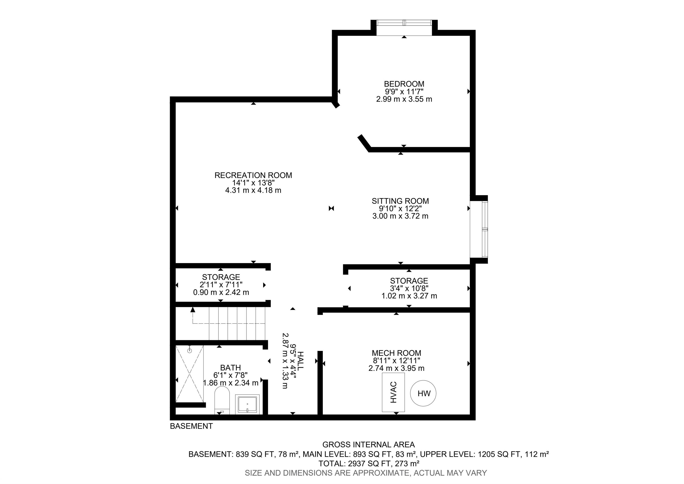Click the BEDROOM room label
tap(404, 84)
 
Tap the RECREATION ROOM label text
tap(253, 175)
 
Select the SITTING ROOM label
tap(400, 201)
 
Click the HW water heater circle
tap(423, 393)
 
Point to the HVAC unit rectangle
tap(393, 392)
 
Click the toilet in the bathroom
tap(222, 400)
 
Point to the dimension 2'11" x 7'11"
tap(221, 284)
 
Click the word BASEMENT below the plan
tap(191, 426)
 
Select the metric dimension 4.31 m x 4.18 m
tap(253, 190)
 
